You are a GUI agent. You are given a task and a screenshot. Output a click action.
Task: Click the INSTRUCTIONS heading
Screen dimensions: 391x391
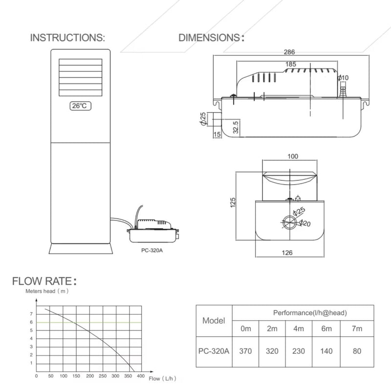(x=67, y=38)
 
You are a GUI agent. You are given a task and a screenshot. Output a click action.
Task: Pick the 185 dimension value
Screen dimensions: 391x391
(x=290, y=64)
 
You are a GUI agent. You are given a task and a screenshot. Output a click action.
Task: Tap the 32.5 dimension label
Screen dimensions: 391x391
(x=236, y=128)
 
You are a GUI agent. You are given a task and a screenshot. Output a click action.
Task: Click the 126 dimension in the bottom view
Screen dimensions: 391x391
(x=288, y=253)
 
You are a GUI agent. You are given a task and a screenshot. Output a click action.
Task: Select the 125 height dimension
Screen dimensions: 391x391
(x=233, y=201)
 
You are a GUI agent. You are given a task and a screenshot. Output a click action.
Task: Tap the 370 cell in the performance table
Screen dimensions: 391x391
(x=246, y=350)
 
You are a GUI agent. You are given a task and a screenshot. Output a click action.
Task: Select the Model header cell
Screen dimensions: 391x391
(x=214, y=321)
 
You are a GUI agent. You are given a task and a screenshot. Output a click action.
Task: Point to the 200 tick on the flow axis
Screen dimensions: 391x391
(x=89, y=376)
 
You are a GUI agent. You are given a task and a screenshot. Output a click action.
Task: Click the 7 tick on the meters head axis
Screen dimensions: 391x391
(x=31, y=313)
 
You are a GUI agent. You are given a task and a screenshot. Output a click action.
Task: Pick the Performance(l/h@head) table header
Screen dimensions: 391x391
(x=303, y=311)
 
